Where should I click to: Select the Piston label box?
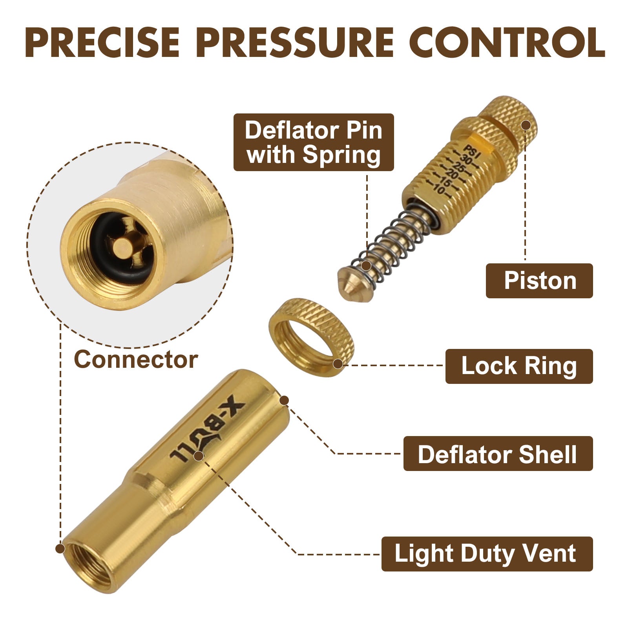pos(539,281)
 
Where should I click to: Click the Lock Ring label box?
pos(519,366)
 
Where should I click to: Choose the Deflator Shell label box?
pos(498,454)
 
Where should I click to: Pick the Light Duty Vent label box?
pos(487,553)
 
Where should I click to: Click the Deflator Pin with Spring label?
pos(313,142)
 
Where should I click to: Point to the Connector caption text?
pos(136,360)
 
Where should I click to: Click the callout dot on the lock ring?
pos(338,364)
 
